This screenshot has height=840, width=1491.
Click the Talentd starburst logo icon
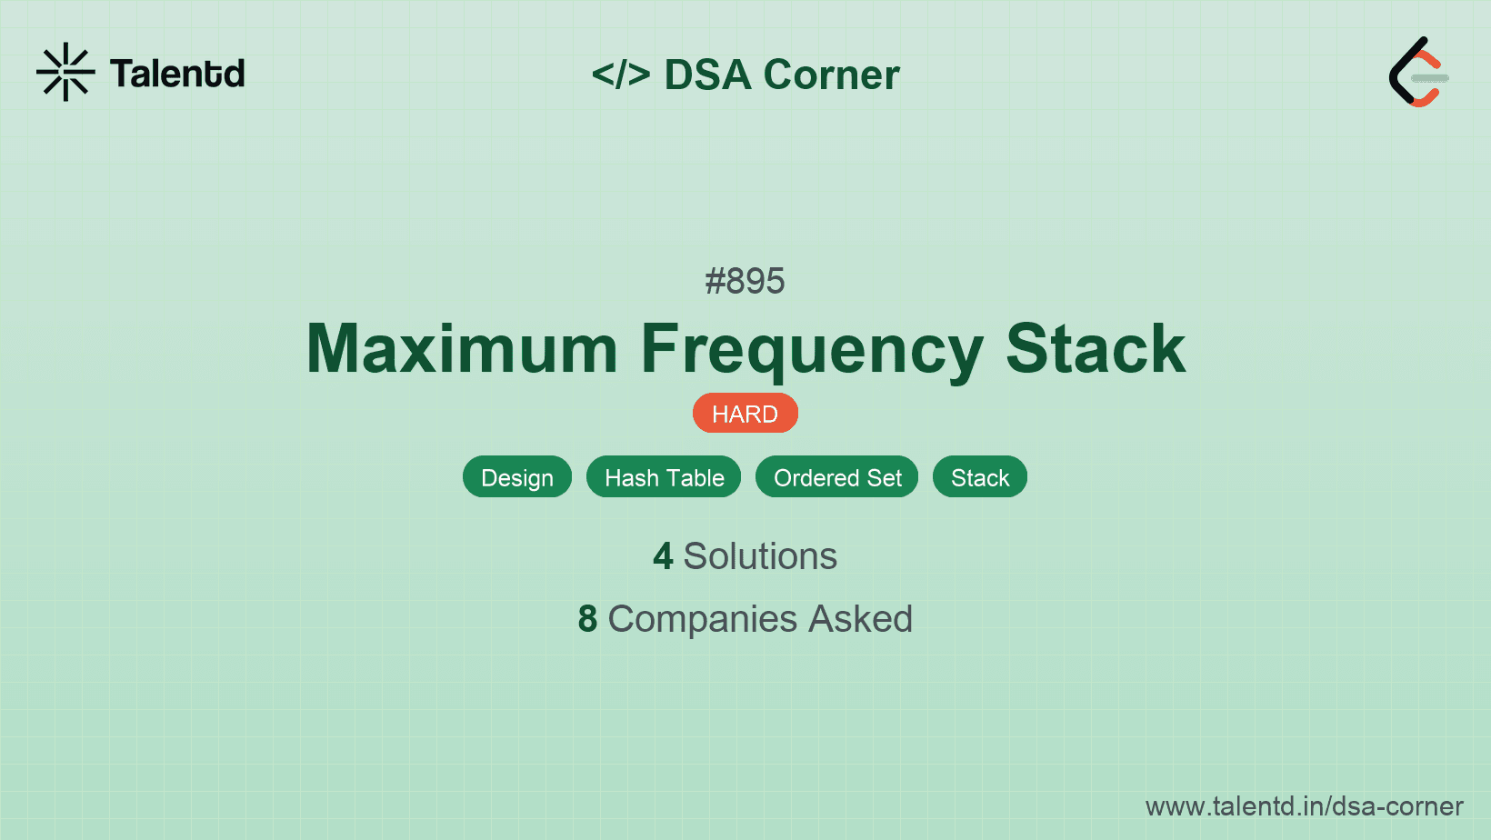(65, 72)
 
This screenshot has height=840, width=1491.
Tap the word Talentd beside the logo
(177, 74)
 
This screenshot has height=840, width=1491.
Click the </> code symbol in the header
(621, 75)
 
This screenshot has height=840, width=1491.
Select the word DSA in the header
(707, 75)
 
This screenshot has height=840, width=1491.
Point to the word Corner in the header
(831, 75)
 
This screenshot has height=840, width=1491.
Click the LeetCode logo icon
(1418, 73)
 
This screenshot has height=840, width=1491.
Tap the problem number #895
(745, 281)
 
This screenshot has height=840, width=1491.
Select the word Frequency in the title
(812, 350)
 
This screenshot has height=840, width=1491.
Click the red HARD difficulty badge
(745, 414)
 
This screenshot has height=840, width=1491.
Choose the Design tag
(516, 477)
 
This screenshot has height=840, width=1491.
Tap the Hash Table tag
(664, 477)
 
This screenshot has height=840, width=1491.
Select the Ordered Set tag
(836, 477)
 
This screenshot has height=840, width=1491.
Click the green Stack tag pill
(979, 477)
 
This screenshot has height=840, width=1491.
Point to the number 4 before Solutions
(663, 556)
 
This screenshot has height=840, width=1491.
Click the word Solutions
(760, 556)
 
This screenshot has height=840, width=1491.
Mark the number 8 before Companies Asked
(587, 619)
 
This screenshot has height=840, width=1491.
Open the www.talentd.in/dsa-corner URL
(1304, 806)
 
